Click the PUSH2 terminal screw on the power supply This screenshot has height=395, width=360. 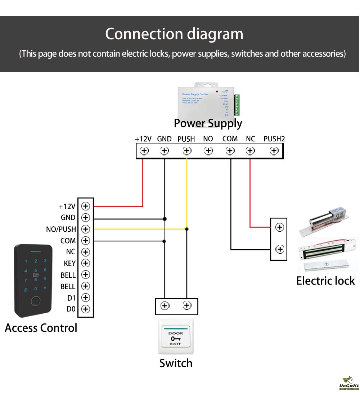(274, 151)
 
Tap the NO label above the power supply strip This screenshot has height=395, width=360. (208, 139)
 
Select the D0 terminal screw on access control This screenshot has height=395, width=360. (85, 309)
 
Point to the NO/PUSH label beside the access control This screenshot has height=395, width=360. (61, 229)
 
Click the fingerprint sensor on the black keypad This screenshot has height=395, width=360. (35, 301)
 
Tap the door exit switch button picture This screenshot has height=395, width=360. (176, 337)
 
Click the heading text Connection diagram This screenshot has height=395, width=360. (174, 34)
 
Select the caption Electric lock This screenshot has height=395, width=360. (325, 281)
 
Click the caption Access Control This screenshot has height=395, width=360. (41, 328)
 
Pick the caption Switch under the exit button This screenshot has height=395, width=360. (176, 363)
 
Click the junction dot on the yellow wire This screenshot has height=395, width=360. (186, 229)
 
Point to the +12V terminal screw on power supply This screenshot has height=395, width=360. (144, 151)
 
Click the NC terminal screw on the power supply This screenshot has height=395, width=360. (250, 151)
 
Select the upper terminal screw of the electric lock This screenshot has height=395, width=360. (280, 227)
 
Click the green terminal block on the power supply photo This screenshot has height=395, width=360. (237, 105)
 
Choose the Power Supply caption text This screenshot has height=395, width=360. (208, 123)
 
